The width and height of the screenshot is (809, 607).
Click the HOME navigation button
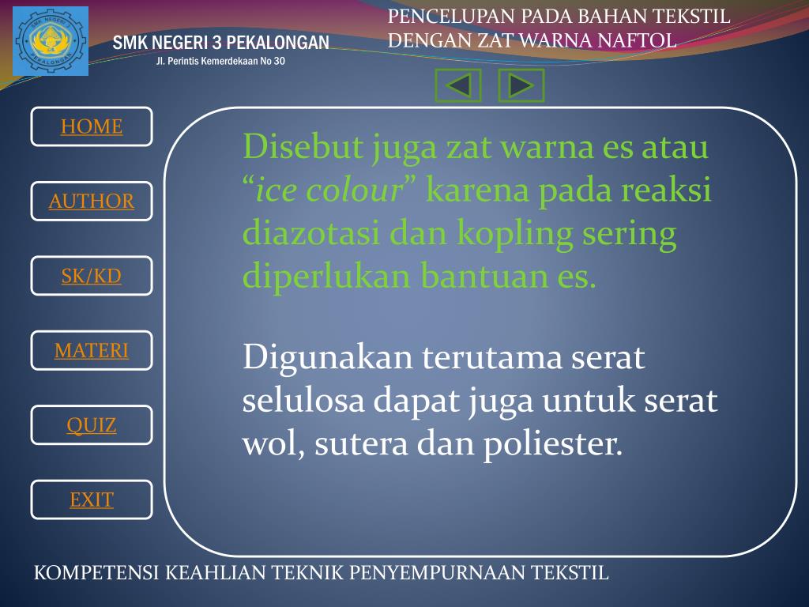92,126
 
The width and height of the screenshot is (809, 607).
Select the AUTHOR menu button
92,201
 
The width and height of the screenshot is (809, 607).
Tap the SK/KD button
92,276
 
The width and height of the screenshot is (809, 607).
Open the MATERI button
92,350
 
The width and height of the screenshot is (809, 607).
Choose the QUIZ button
92,425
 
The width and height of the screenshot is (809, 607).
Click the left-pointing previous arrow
458,85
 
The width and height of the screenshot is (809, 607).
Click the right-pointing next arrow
521,85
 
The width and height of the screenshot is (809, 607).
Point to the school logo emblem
51,41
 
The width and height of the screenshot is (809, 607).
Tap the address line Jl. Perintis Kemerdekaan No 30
220,62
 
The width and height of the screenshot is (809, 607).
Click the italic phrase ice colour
330,191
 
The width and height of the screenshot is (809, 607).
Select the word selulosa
303,401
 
